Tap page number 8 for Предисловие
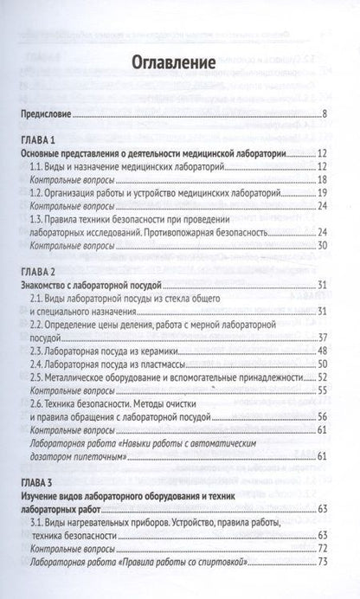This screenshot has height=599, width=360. tap(323, 114)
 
